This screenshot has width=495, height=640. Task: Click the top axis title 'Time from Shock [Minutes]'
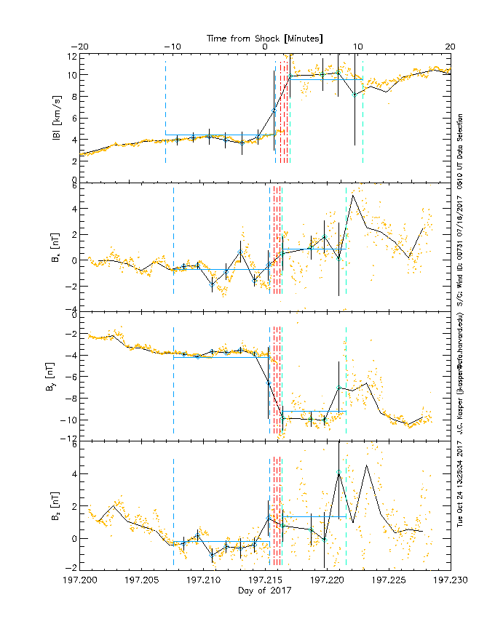tap(265, 37)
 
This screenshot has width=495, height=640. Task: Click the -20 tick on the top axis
tap(80, 47)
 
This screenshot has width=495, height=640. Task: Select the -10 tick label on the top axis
tap(173, 47)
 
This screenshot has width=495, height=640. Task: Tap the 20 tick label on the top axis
tap(451, 47)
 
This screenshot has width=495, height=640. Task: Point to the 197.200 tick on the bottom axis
tap(80, 580)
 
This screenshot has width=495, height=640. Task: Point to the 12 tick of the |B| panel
tap(73, 56)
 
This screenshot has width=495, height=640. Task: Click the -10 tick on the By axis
tap(70, 420)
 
